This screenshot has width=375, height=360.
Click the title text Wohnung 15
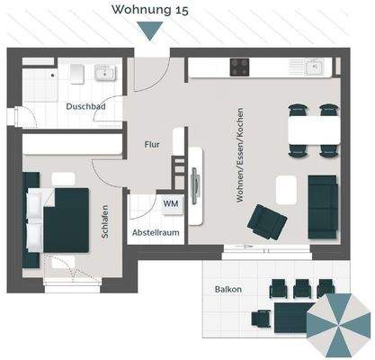click(150, 10)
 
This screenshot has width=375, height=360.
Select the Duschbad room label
click(85, 106)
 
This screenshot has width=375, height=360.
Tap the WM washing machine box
click(170, 204)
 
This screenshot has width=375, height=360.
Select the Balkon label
click(228, 290)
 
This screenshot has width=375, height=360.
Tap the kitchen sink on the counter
click(314, 67)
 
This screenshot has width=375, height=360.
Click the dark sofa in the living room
click(322, 206)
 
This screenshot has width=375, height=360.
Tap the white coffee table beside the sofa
click(287, 189)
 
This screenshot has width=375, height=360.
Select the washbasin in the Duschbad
click(102, 72)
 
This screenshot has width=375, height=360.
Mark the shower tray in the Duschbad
click(39, 85)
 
